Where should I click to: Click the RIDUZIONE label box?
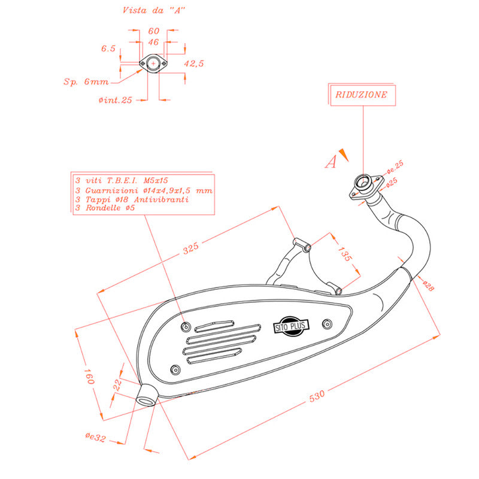pos(363,95)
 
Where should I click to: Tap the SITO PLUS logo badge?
pos(291,326)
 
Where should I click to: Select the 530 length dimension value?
pos(317,396)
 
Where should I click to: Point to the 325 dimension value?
pos(191,248)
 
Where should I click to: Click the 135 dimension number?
pos(345,254)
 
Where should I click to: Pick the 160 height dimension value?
pos(89,376)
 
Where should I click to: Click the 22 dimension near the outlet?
pos(117,385)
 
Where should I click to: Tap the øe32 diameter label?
pos(96,437)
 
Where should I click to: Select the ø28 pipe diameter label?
pos(428,286)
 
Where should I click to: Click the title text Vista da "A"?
pos(154,10)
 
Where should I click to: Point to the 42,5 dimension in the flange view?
pos(193,63)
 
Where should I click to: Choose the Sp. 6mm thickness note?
pos(86,82)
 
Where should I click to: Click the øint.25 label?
pos(115,100)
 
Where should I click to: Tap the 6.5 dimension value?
pos(108,48)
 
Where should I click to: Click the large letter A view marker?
pos(331,162)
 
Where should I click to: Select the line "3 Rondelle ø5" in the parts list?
pos(105,208)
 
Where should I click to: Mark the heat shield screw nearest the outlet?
pos(175,369)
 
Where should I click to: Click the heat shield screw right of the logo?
pos(327,324)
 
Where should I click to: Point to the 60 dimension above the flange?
pos(154,31)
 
